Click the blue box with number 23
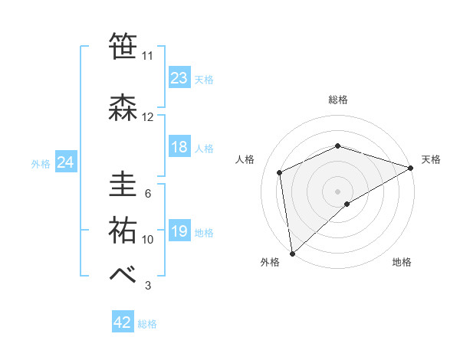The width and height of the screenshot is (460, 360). pyautogui.click(x=179, y=78)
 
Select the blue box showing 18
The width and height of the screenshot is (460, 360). pyautogui.click(x=179, y=147)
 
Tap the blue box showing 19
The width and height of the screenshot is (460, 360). pyautogui.click(x=179, y=231)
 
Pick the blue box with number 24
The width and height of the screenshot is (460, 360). pyautogui.click(x=66, y=162)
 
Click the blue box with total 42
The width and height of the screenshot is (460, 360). pyautogui.click(x=123, y=322)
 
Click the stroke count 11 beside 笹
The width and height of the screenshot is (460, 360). pyautogui.click(x=148, y=56)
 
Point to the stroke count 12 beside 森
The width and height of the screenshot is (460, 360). pyautogui.click(x=148, y=117)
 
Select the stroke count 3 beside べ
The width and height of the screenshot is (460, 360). pyautogui.click(x=148, y=286)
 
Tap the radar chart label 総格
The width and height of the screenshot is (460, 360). pyautogui.click(x=338, y=100)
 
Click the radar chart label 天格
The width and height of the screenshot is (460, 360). pyautogui.click(x=431, y=159)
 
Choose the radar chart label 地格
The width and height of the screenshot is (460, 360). pyautogui.click(x=402, y=262)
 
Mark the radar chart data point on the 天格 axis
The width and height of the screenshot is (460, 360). pyautogui.click(x=411, y=167)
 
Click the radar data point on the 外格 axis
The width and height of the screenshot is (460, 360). pyautogui.click(x=292, y=253)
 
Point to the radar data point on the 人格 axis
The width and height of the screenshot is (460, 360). pyautogui.click(x=280, y=172)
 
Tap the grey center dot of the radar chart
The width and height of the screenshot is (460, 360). pyautogui.click(x=338, y=191)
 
